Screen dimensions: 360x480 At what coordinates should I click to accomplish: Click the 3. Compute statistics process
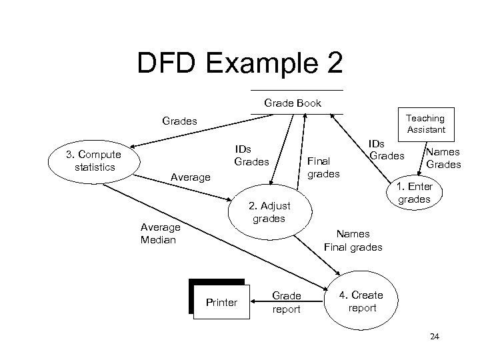coord(93,159)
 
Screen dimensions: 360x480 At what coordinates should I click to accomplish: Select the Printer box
coord(221,302)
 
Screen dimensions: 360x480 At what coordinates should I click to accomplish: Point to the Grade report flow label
coord(287,302)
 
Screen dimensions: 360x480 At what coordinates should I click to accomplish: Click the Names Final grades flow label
coord(353,241)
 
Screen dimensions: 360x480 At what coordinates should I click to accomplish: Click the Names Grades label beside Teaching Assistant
coord(443,158)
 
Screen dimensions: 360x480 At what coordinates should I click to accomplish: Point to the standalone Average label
coord(190,177)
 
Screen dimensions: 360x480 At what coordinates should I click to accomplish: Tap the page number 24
coord(435,337)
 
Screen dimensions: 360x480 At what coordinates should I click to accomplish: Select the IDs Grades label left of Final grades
coord(251,155)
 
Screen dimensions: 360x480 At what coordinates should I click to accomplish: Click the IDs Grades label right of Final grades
coord(387,149)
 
